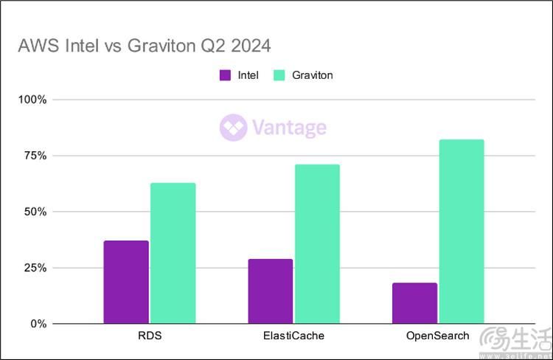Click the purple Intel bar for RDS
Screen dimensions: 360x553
126,282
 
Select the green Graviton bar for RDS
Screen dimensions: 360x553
173,253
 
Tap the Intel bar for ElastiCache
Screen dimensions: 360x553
271,291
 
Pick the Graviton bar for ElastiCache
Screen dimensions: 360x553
317,243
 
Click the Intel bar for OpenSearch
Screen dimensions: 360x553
414,302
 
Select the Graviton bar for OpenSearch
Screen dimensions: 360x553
462,231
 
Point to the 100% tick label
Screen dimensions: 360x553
32,100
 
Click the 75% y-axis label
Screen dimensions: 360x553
35,156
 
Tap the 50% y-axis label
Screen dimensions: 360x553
35,212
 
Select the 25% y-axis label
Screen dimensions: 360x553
35,268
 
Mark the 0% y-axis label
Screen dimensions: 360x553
38,324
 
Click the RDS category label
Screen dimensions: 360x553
149,336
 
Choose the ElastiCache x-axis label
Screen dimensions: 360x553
293,336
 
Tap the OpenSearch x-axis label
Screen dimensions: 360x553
438,336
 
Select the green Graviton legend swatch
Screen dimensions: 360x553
279,75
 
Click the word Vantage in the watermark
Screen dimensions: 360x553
288,128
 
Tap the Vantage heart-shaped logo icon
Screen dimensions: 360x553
233,128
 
